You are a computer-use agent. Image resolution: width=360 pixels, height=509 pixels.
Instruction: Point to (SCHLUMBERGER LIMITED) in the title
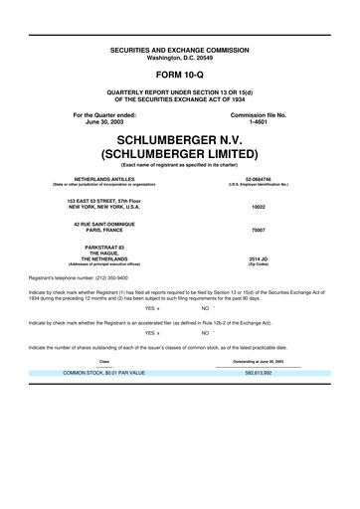click(x=180, y=154)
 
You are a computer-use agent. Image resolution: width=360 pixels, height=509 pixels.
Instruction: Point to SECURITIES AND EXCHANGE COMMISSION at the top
click(x=180, y=48)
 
